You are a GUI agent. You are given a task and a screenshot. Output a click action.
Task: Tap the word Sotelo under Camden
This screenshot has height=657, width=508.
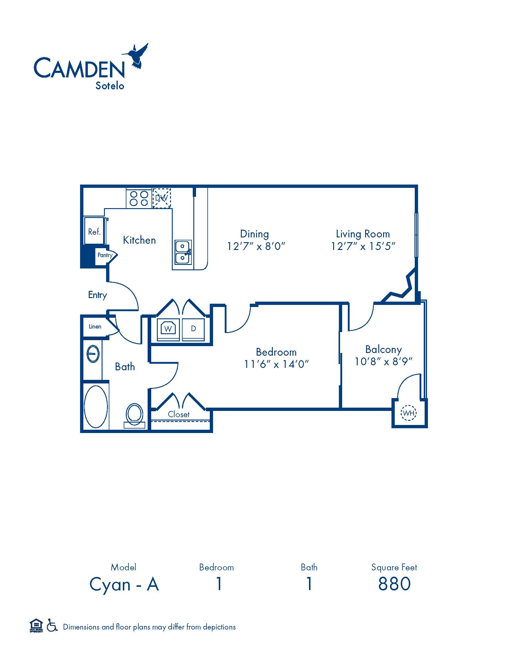point(110,86)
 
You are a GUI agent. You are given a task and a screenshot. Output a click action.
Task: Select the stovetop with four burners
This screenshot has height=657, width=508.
point(139,198)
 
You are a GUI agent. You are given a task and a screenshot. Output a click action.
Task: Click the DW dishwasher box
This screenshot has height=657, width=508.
point(162,198)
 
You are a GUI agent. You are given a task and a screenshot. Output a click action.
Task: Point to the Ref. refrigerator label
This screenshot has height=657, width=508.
point(94,232)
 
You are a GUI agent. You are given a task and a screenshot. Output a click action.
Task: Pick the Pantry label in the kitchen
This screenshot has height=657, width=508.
point(105,255)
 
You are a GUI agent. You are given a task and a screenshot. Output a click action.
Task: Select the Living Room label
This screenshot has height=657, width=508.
point(363,234)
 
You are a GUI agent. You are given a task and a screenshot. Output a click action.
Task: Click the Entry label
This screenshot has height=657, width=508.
point(97,295)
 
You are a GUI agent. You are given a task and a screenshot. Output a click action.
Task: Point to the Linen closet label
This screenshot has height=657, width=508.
point(95,327)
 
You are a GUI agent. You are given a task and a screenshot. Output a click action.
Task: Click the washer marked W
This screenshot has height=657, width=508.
point(168,328)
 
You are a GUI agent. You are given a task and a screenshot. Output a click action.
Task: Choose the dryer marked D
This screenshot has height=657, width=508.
point(193,328)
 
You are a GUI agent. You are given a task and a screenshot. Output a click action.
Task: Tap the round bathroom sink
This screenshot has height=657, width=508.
point(93,354)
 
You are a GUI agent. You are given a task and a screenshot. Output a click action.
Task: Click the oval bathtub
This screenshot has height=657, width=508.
point(96,406)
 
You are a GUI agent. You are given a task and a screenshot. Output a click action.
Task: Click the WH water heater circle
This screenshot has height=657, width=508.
point(408,413)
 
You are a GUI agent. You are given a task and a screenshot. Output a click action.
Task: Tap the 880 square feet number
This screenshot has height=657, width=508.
point(394,584)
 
